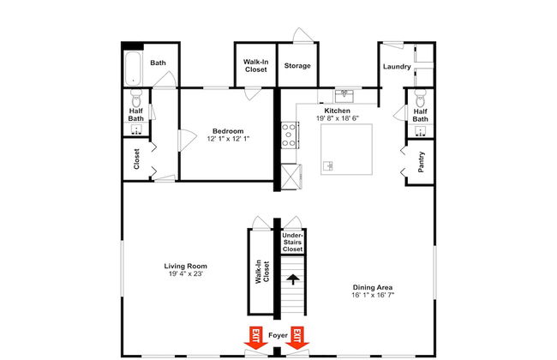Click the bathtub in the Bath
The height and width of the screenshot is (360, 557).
(x=133, y=69)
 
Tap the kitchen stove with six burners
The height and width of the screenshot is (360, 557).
(x=290, y=135)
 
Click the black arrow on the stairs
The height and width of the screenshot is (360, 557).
(x=293, y=279)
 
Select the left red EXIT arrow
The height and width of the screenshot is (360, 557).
(x=255, y=339)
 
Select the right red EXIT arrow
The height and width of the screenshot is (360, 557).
(x=297, y=339)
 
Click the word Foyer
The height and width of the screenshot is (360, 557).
(x=278, y=335)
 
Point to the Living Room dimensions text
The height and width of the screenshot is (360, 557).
(x=186, y=273)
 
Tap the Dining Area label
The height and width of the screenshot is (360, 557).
(x=373, y=287)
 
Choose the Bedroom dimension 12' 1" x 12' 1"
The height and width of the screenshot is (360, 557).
(x=228, y=139)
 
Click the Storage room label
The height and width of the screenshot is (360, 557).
(x=297, y=66)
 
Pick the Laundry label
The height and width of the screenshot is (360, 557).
(x=397, y=67)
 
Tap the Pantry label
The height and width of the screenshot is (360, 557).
(x=422, y=162)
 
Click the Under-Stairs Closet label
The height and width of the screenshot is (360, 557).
(x=293, y=243)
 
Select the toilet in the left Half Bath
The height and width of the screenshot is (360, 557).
(x=136, y=98)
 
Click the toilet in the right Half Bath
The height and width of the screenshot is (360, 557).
(x=420, y=98)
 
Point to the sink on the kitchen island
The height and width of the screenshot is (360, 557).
(x=328, y=165)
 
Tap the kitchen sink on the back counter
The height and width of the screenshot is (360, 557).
(x=344, y=96)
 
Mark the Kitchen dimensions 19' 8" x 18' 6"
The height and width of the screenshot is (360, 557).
(x=338, y=118)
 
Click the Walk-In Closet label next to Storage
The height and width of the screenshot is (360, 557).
(x=255, y=66)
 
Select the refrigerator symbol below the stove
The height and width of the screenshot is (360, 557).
(x=290, y=176)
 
